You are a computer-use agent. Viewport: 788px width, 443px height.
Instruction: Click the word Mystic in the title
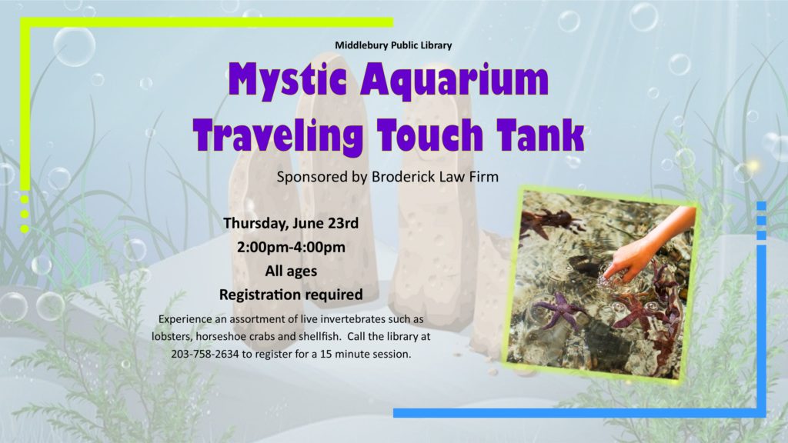287,80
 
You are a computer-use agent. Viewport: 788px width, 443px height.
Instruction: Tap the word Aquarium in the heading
454,80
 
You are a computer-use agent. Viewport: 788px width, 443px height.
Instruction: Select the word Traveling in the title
278,134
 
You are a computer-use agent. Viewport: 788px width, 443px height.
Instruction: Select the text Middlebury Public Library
393,45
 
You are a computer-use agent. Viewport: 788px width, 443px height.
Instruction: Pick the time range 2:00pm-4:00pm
291,247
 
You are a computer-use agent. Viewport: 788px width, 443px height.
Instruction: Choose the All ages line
291,271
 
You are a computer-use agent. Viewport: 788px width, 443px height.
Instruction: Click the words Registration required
291,295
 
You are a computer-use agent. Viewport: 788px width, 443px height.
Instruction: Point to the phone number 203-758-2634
205,354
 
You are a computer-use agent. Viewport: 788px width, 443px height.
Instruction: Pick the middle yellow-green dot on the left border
25,215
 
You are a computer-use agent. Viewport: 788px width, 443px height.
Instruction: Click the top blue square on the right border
761,206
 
